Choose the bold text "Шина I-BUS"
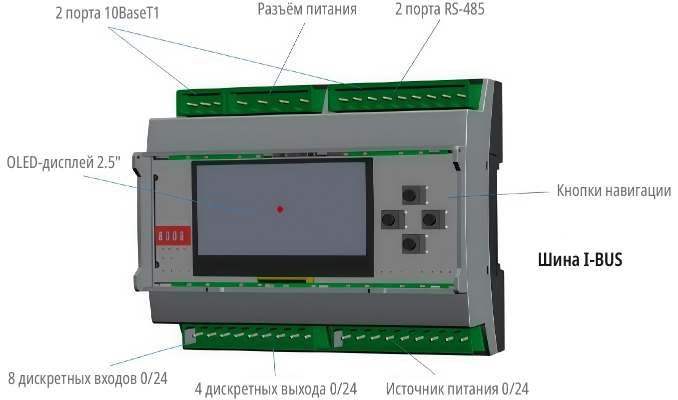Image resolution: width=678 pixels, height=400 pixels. [x=580, y=260]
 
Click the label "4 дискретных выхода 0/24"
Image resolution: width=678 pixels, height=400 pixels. [x=276, y=389]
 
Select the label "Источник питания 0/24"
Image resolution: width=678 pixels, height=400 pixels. [x=457, y=389]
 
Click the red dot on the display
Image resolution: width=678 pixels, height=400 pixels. [x=280, y=209]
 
